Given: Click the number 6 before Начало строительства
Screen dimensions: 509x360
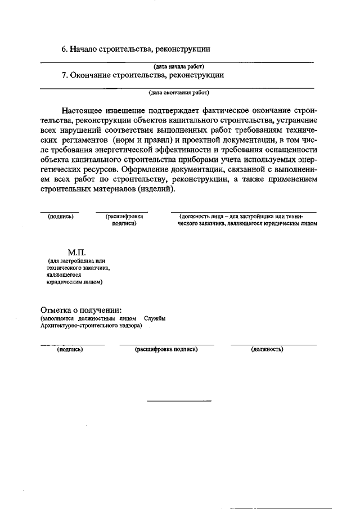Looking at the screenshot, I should click(64, 49).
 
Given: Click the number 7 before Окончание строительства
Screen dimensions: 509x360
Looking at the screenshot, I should click(64, 74).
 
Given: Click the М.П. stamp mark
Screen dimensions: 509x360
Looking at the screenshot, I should click(76, 253).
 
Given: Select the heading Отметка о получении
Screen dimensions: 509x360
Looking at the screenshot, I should click(81, 310).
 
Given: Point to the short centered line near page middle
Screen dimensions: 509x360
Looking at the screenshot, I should click(179, 401).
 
